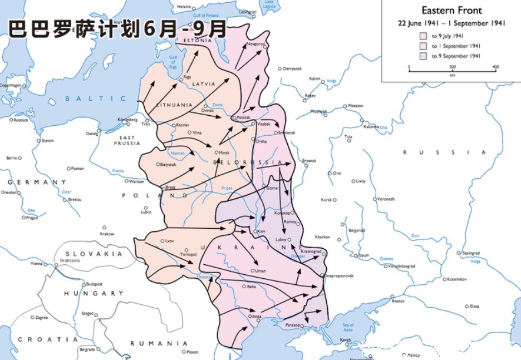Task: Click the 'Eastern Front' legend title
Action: (451, 11)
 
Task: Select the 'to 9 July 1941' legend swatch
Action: (423, 36)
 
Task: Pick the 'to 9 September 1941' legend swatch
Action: (423, 56)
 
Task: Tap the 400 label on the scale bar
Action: (495, 67)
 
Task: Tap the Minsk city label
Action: (224, 152)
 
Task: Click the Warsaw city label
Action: (136, 181)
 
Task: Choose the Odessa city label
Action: (255, 316)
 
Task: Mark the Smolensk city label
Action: (287, 132)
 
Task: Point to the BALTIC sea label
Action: (96, 98)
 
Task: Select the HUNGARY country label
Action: (93, 293)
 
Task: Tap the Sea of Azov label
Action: (348, 329)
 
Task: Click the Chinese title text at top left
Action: (117, 29)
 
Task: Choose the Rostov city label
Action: (398, 301)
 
